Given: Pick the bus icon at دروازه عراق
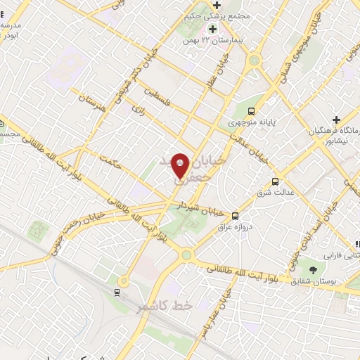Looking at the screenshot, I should [235, 215].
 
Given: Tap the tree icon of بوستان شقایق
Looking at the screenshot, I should [311, 269].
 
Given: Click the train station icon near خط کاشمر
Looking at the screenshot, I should [117, 291].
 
